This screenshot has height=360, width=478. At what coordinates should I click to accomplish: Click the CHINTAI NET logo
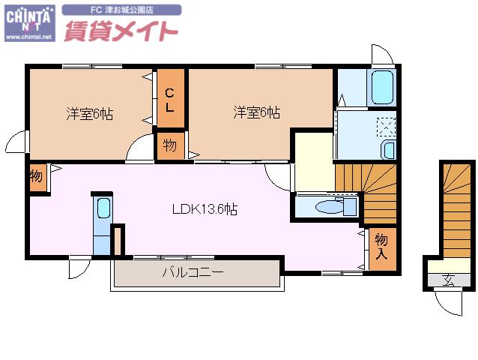click(29, 23)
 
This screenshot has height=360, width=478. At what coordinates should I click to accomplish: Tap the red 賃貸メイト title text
click(121, 31)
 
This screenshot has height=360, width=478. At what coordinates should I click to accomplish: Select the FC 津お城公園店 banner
click(121, 10)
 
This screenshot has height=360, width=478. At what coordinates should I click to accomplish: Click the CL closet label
click(170, 100)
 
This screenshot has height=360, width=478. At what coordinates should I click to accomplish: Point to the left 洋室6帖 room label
click(90, 114)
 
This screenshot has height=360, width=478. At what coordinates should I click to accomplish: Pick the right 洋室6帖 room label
click(257, 112)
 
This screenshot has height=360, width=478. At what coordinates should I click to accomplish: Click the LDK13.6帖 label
click(205, 209)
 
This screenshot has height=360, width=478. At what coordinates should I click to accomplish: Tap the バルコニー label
click(193, 272)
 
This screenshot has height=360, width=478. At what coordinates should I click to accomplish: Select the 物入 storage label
click(381, 247)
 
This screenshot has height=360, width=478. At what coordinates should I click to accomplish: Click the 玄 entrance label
click(449, 280)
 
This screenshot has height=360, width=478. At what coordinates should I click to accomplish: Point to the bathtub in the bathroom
click(382, 87)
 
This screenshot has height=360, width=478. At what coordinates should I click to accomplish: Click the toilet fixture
click(336, 206)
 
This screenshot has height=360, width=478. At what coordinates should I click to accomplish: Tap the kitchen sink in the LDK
click(103, 208)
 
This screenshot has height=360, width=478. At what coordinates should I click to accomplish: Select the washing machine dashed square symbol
click(387, 127)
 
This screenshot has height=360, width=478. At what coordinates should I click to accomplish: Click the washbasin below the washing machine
click(389, 150)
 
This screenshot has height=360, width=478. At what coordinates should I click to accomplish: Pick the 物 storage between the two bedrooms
click(170, 145)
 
